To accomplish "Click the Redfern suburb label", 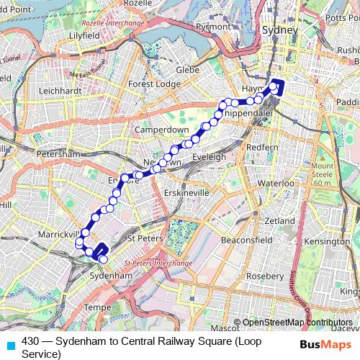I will [x=262, y=147].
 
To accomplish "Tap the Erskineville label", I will [x=186, y=194].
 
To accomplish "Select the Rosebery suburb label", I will [x=264, y=276].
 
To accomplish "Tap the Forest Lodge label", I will [x=154, y=84].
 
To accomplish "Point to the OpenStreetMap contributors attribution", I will [x=297, y=323].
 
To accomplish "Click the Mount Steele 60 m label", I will [x=323, y=175].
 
